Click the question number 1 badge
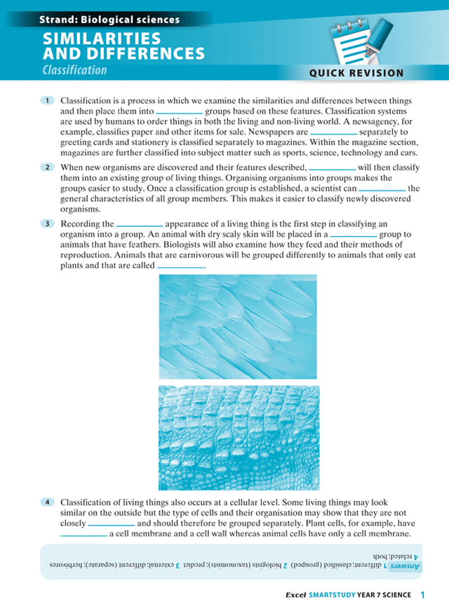[47, 101]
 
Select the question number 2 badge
[47, 167]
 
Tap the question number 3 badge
[47, 223]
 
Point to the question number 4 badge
[47, 502]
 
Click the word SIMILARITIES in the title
[102, 39]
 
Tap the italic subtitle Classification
[74, 70]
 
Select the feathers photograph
[238, 326]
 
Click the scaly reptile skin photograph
[238, 437]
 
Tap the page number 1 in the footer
[423, 595]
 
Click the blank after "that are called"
[180, 267]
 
